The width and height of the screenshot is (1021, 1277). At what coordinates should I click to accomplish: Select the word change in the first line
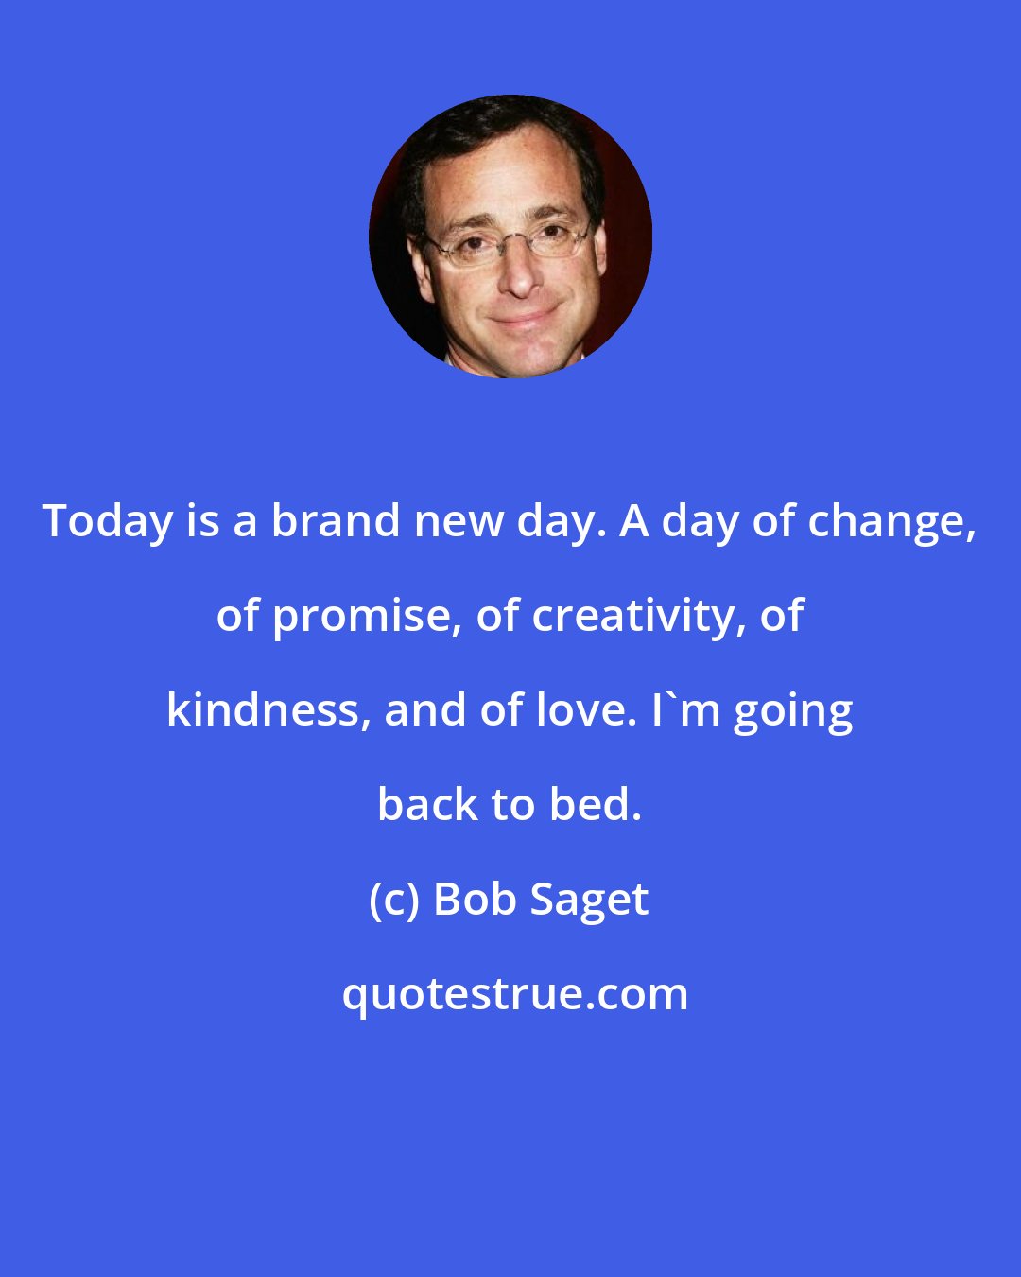pyautogui.click(x=897, y=522)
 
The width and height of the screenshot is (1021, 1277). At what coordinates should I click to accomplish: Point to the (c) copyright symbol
pyautogui.click(x=393, y=900)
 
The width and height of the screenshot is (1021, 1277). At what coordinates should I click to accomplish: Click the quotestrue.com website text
pyautogui.click(x=515, y=994)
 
